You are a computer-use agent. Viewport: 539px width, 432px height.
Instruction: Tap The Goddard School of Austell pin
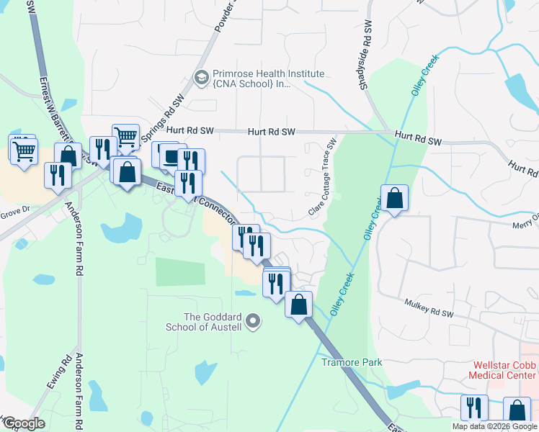(252, 321)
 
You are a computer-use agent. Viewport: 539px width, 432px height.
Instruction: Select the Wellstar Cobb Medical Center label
(503, 370)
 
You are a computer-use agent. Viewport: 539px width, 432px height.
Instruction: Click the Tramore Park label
(352, 362)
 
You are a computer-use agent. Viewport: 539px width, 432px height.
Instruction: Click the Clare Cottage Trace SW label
(323, 178)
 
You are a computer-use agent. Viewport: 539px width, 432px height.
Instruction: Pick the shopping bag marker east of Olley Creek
(395, 199)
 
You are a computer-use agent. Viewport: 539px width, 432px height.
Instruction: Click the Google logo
(24, 423)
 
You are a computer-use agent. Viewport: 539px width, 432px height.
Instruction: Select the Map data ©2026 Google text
(494, 426)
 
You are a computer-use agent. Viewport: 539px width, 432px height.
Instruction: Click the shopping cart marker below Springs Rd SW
(126, 137)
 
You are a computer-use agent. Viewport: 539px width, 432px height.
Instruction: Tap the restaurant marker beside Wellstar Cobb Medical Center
(474, 408)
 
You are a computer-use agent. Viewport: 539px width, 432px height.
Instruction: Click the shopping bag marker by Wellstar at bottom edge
(517, 410)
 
